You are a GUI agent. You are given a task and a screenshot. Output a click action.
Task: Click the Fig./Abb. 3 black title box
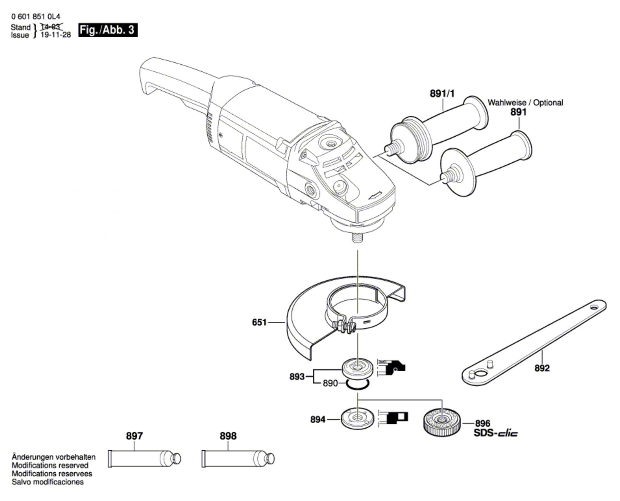click(108, 30)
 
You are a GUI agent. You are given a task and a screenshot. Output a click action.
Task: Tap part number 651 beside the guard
click(259, 322)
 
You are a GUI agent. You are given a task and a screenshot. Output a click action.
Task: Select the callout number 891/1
click(442, 94)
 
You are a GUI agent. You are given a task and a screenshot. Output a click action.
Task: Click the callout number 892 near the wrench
click(542, 368)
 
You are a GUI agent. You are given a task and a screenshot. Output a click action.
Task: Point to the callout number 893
click(297, 376)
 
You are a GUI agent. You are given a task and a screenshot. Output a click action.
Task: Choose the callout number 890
click(331, 383)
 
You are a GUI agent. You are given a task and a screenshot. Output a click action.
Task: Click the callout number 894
click(318, 420)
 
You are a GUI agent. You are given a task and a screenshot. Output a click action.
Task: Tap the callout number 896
click(482, 423)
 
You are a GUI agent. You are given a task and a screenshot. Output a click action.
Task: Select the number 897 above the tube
click(134, 436)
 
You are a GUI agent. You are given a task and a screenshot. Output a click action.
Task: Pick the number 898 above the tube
click(228, 436)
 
